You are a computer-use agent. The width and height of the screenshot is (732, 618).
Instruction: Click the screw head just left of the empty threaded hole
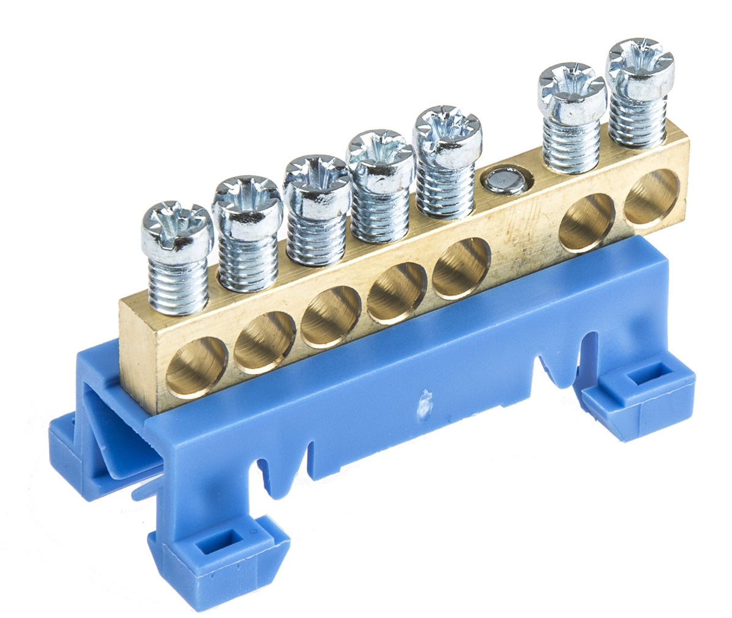click(447, 135)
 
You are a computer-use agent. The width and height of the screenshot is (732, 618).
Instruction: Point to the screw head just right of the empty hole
click(572, 90)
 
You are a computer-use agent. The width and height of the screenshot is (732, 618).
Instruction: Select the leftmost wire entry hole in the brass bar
click(196, 366)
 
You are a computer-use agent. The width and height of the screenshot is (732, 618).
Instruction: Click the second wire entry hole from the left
click(265, 341)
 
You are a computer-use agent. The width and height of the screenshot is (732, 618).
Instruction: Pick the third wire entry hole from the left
click(331, 316)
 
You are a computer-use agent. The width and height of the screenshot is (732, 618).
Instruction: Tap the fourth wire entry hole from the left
click(397, 292)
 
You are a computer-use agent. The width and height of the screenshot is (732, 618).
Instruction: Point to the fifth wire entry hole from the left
click(461, 268)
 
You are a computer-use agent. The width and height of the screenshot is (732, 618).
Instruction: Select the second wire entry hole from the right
click(586, 221)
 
